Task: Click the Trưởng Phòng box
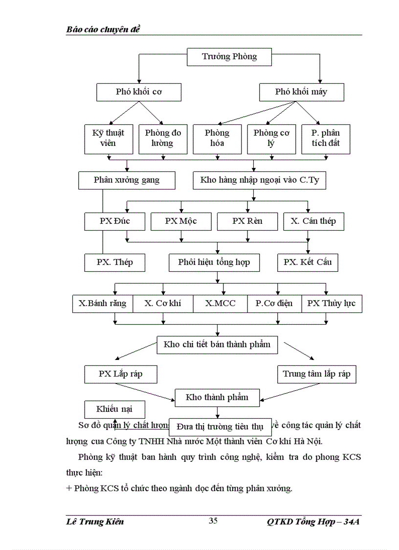coord(229,57)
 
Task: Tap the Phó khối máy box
coord(301,92)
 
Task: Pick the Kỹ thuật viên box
coord(108,138)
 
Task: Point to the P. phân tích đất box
coord(326,138)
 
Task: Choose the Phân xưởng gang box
coord(127,180)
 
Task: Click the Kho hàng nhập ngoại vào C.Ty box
coord(259,180)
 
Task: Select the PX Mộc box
coord(181,221)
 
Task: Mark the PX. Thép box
coord(114,262)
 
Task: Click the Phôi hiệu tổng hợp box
coord(215,262)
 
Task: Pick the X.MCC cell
coord(220,303)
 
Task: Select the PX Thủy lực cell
coord(331,303)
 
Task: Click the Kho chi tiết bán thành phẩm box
coord(217,344)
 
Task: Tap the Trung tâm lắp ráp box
coord(316,374)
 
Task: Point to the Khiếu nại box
coord(114,409)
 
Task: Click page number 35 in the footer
coord(213,521)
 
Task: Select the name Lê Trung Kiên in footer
coord(94,522)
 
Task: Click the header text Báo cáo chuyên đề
coord(103,29)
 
